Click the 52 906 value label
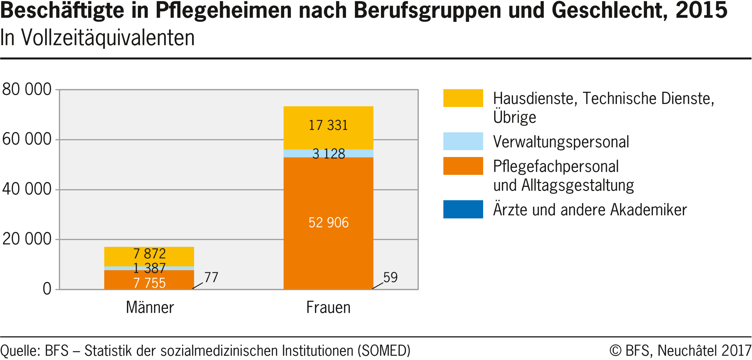[329, 223]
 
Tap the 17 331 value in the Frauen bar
[328, 125]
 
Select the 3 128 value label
[329, 154]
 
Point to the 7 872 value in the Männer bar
[150, 254]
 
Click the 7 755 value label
[150, 283]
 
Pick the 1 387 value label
[150, 268]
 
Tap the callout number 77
[211, 277]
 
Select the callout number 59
[390, 277]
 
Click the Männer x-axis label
[150, 308]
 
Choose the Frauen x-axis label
[328, 308]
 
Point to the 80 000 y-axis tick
[27, 89]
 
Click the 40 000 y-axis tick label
[27, 189]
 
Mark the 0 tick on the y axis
[47, 289]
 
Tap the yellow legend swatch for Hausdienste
[463, 98]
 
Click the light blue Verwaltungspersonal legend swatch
[463, 141]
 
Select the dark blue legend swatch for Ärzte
[463, 209]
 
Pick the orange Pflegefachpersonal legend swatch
[463, 166]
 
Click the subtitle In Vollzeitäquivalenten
[97, 38]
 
